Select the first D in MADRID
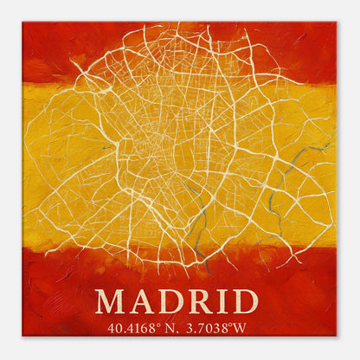pyautogui.click(x=170, y=301)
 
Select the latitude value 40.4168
pyautogui.click(x=129, y=328)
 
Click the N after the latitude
pyautogui.click(x=168, y=328)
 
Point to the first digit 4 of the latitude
pyautogui.click(x=111, y=328)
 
